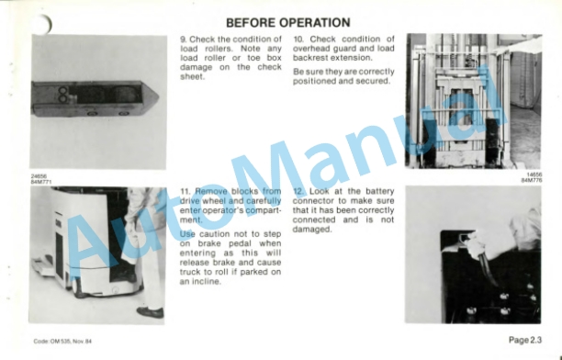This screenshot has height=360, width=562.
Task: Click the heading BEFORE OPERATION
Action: coord(288,23)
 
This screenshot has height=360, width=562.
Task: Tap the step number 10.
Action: coord(298,39)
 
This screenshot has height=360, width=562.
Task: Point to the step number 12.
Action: coord(298,191)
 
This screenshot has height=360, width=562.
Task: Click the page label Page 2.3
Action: coord(525,340)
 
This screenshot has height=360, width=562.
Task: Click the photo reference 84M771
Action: coord(41,182)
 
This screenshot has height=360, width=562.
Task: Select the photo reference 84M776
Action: coord(532,180)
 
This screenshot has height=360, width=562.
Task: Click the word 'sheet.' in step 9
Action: coord(192,77)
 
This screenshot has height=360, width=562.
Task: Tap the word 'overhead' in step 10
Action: coord(310,49)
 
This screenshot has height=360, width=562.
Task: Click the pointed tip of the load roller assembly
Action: coord(157,96)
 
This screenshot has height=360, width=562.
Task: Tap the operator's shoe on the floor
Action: coord(151,312)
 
